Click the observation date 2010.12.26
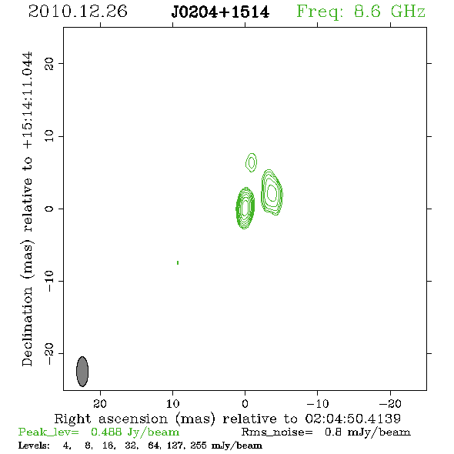(78, 12)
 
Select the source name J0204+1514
(220, 12)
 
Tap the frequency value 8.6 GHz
(389, 12)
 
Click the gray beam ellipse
(82, 372)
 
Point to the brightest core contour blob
(245, 208)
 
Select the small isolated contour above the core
(252, 162)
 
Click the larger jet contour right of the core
(272, 192)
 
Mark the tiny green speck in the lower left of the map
(178, 262)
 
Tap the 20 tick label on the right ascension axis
(100, 404)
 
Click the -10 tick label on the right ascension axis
(318, 404)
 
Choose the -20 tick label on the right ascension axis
(390, 404)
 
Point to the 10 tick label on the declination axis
(49, 136)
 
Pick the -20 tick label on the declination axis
(49, 354)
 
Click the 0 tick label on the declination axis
(49, 209)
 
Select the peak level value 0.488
(106, 432)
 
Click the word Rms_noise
(277, 432)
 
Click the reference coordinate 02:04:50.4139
(353, 419)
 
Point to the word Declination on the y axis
(27, 327)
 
